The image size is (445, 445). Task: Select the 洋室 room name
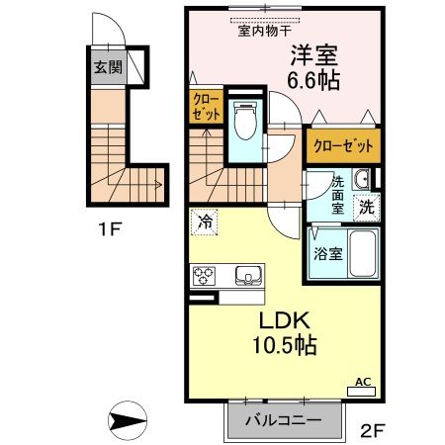[314, 56]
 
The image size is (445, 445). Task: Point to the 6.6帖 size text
[314, 81]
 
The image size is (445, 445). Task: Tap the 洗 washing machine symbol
[366, 209]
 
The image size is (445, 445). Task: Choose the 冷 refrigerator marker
[206, 222]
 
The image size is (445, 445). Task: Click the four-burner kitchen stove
[206, 275]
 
